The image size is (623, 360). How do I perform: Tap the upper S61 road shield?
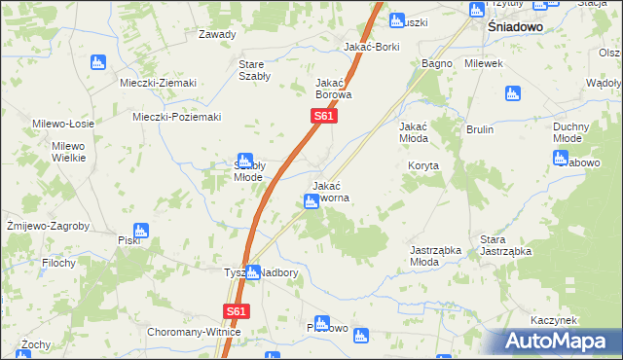point(324,117)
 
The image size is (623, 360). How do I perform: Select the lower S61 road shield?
point(236,311)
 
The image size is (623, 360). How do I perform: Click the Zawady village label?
point(217,34)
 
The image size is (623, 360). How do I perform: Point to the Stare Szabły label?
point(255,70)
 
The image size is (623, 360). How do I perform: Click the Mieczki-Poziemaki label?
point(177,117)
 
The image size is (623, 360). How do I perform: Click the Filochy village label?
point(60,262)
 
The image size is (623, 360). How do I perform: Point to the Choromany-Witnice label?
point(194,332)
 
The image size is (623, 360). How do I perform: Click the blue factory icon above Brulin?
point(513,93)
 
